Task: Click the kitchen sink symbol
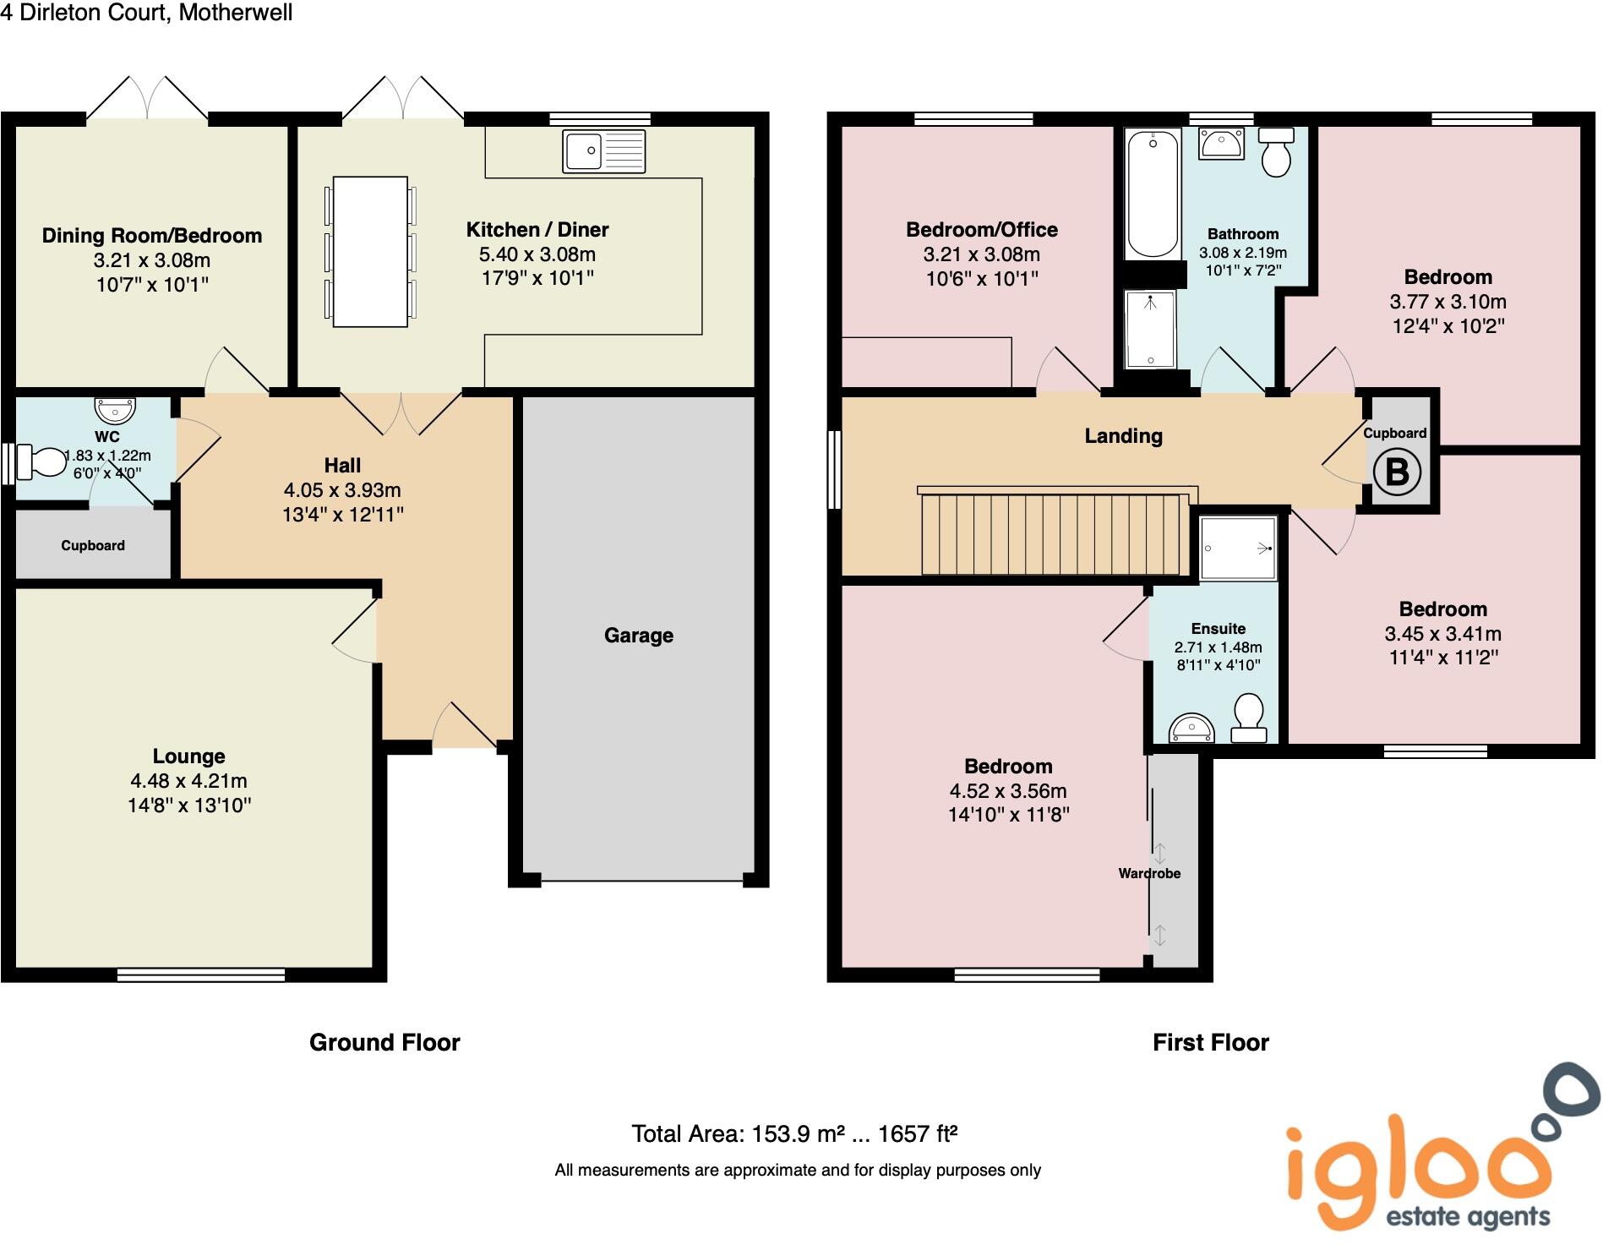pos(603,151)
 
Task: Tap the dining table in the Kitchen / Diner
pos(370,251)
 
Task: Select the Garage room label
pos(638,636)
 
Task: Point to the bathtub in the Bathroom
pos(1152,194)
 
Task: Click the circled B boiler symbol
pos(1397,472)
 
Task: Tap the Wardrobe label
pos(1149,873)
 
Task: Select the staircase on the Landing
pos(1050,534)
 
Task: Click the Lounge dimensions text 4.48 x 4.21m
pos(188,781)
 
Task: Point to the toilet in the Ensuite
pos(1248,718)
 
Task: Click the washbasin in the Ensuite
pos(1191,728)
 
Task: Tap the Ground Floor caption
pos(384,1042)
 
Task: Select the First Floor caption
pos(1210,1042)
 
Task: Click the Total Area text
pos(794,1133)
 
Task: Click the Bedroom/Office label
pos(981,230)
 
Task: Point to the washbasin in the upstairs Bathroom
pos(1220,143)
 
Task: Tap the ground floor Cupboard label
pos(93,546)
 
